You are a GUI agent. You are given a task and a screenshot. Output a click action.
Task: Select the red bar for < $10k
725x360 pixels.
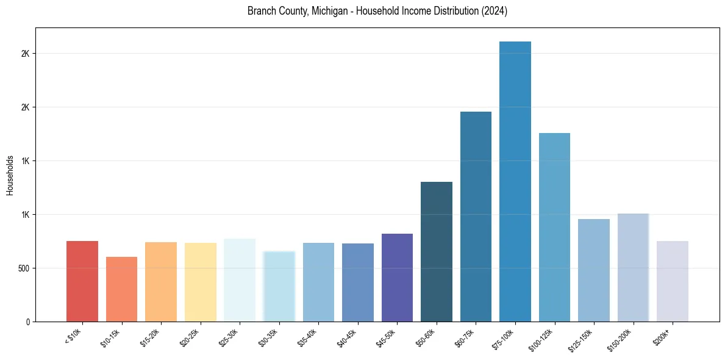[82, 281]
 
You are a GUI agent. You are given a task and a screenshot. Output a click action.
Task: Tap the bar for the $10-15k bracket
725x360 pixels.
[121, 289]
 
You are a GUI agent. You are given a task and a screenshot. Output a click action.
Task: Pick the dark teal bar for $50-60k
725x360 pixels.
[436, 251]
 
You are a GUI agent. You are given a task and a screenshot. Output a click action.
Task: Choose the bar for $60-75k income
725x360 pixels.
[476, 217]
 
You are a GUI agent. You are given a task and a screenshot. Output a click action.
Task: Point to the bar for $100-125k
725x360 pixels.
[554, 227]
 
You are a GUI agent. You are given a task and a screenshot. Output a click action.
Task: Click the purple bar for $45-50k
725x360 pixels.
[397, 278]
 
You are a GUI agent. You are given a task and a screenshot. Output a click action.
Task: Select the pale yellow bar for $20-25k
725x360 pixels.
[200, 282]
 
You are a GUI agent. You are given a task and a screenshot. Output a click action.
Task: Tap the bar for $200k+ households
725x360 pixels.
[672, 281]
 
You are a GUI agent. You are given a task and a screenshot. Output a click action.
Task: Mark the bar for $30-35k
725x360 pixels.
[279, 286]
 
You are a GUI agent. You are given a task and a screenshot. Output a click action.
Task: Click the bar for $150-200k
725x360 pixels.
[633, 267]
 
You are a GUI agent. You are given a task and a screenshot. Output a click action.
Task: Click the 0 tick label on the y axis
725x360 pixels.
[29, 322]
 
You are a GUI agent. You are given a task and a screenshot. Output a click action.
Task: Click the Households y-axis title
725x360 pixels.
[10, 175]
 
